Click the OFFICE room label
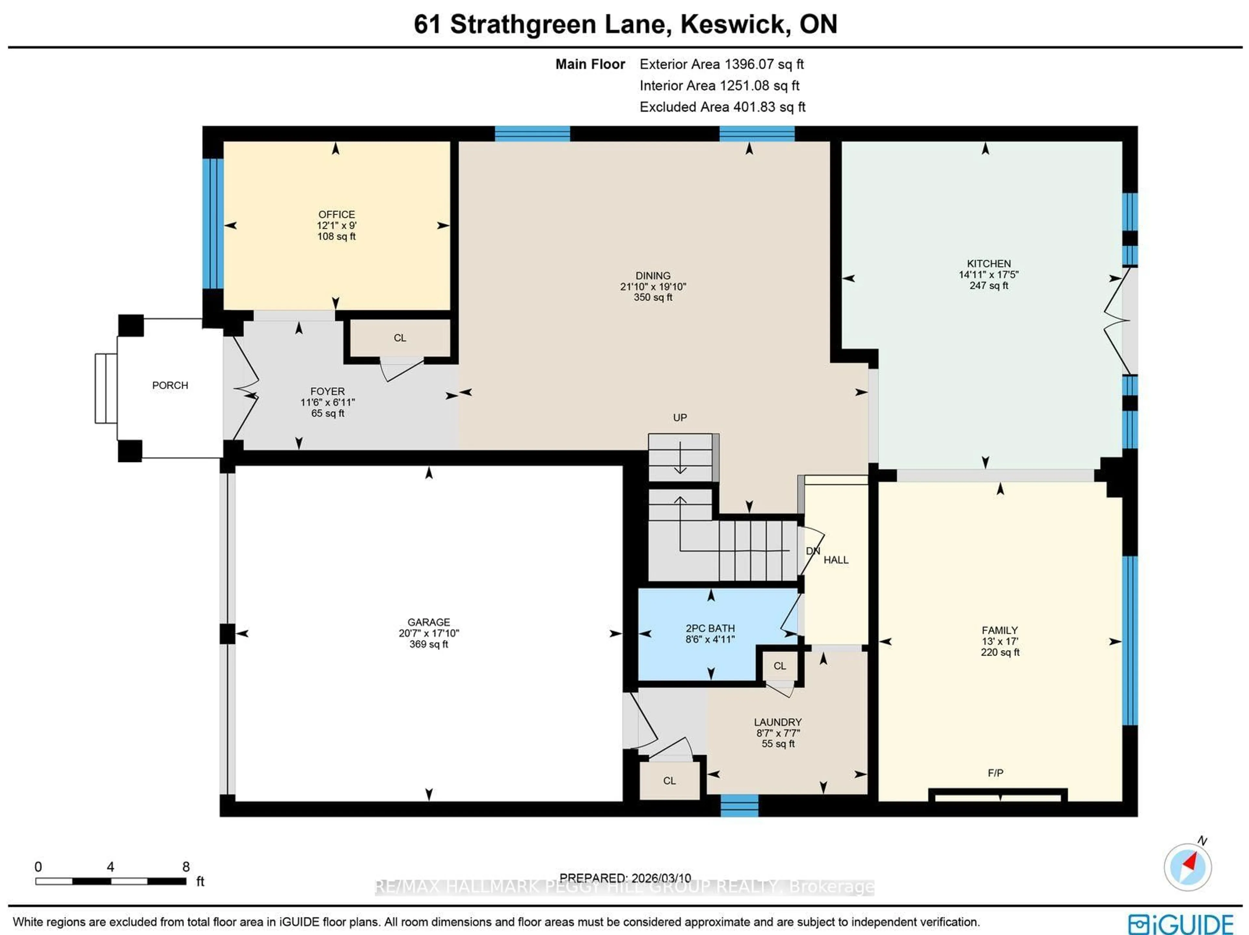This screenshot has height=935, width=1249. [337, 215]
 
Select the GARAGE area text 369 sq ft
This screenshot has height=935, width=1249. [429, 644]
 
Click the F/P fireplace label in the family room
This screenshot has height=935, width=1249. [996, 773]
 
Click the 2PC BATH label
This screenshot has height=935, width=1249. [710, 628]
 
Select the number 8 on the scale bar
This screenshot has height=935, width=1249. [186, 867]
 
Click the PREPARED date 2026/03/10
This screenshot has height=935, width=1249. [625, 878]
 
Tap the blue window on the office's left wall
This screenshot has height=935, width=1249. [213, 224]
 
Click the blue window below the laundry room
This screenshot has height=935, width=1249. [739, 806]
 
